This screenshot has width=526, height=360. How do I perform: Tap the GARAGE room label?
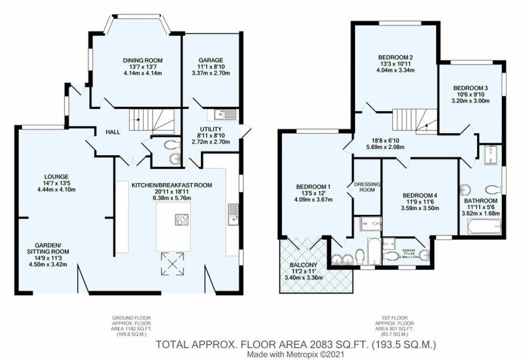pyautogui.click(x=211, y=61)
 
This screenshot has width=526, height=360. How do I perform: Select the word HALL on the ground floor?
pyautogui.click(x=112, y=132)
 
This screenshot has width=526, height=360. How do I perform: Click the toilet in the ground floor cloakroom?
pyautogui.click(x=170, y=145)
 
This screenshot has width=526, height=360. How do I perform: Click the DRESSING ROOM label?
pyautogui.click(x=367, y=187)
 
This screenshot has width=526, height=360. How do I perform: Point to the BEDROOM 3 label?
pyautogui.click(x=470, y=88)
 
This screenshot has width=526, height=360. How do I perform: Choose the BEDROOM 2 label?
pyautogui.click(x=395, y=57)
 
